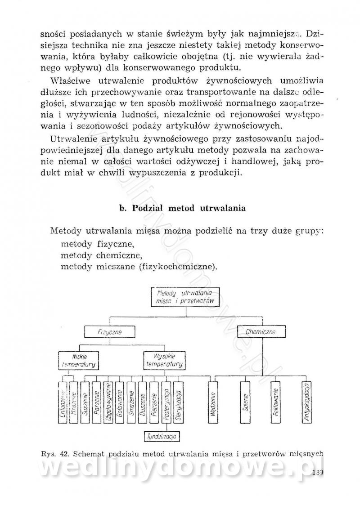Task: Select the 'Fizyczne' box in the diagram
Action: (x=110, y=332)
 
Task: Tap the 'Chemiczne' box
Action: (x=262, y=332)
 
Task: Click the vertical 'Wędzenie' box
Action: (x=213, y=403)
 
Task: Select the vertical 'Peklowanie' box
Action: (x=276, y=403)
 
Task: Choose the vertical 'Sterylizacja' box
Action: (x=178, y=402)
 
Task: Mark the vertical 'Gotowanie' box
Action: (x=120, y=402)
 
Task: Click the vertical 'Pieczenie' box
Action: (x=154, y=402)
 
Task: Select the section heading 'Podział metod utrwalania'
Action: (x=182, y=208)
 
